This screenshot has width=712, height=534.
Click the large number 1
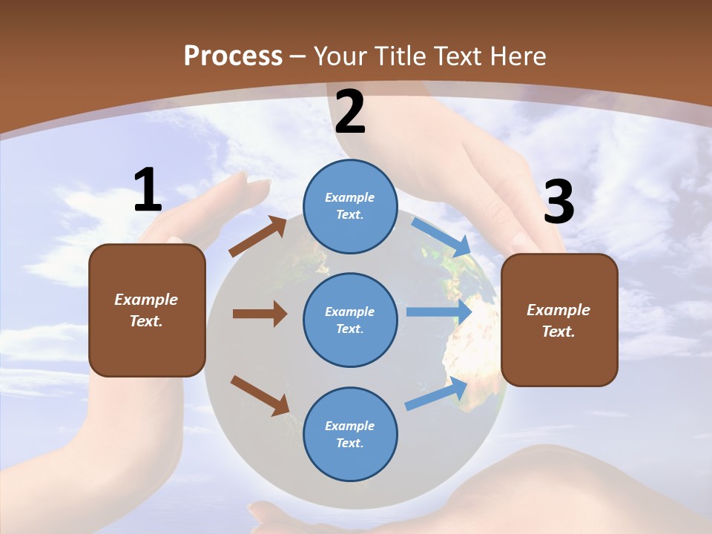[x=148, y=191]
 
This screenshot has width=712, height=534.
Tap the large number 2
[x=350, y=112]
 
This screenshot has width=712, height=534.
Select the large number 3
[x=558, y=202]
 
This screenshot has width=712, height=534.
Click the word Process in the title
[x=233, y=56]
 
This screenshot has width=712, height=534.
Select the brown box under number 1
[x=147, y=310]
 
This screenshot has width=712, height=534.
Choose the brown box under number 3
[x=559, y=320]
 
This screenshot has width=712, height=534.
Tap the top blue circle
[x=350, y=206]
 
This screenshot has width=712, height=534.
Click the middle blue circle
[x=350, y=320]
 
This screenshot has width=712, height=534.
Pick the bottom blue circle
[x=350, y=434]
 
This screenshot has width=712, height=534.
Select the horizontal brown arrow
[x=260, y=314]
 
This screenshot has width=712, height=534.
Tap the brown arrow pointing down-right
[x=260, y=395]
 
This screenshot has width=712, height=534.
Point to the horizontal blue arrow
[x=439, y=312]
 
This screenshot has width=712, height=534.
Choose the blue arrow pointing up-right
[x=436, y=394]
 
